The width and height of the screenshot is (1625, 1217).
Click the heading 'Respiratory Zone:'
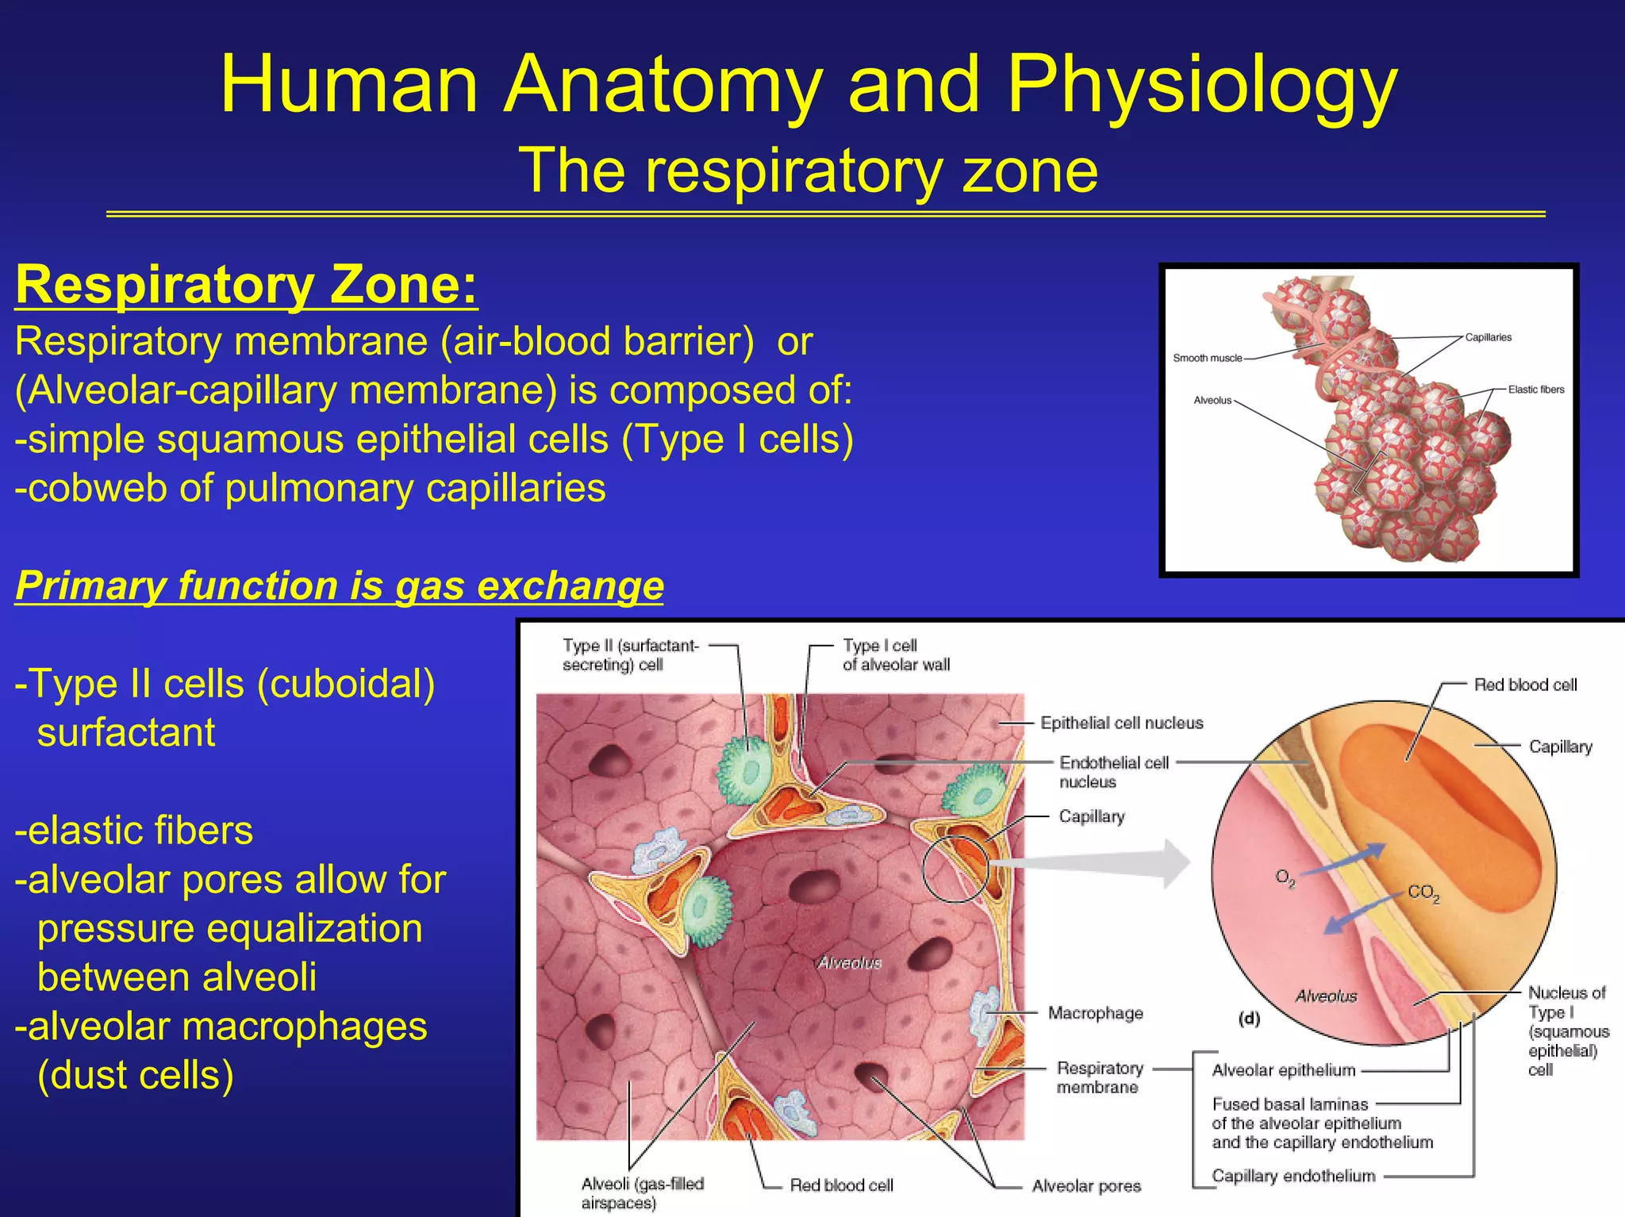tap(246, 284)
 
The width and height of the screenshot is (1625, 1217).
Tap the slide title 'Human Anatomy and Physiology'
tap(808, 85)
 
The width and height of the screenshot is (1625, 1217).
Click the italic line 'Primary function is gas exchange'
tap(340, 585)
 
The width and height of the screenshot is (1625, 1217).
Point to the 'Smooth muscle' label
tap(1207, 358)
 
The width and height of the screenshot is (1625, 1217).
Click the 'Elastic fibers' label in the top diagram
tap(1535, 390)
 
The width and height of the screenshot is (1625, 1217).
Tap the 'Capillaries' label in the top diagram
tap(1488, 337)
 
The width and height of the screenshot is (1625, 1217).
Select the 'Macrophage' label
tap(1095, 1013)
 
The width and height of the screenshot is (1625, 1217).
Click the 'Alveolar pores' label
tap(1085, 1186)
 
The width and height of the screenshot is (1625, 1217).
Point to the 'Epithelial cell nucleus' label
tap(1121, 723)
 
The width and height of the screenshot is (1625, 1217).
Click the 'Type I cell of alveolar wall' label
tap(895, 655)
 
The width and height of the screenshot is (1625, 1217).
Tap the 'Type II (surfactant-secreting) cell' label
tap(631, 655)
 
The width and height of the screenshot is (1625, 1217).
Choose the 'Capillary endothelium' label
tap(1293, 1176)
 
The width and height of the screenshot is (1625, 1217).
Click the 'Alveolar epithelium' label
tap(1283, 1070)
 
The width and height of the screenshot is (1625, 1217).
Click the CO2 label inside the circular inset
tap(1423, 893)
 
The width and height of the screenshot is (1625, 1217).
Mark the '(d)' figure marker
tap(1250, 1019)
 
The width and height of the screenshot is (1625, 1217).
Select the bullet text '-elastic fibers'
tap(134, 831)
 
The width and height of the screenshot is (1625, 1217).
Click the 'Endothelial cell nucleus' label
tap(1113, 772)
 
